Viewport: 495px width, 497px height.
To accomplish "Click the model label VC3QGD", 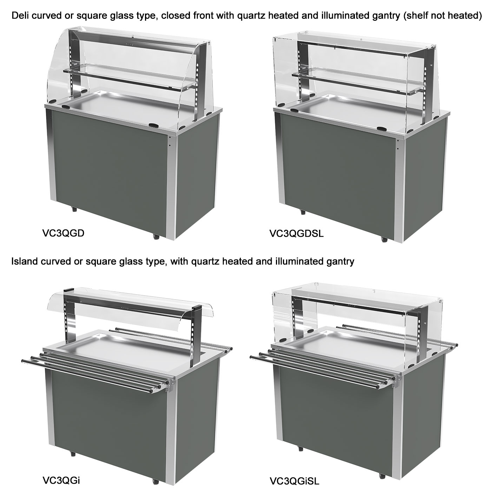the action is coord(63,233).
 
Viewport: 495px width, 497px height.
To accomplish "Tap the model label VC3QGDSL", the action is coord(296,234).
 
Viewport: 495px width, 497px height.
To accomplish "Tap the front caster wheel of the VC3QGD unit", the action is coord(156,236).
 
